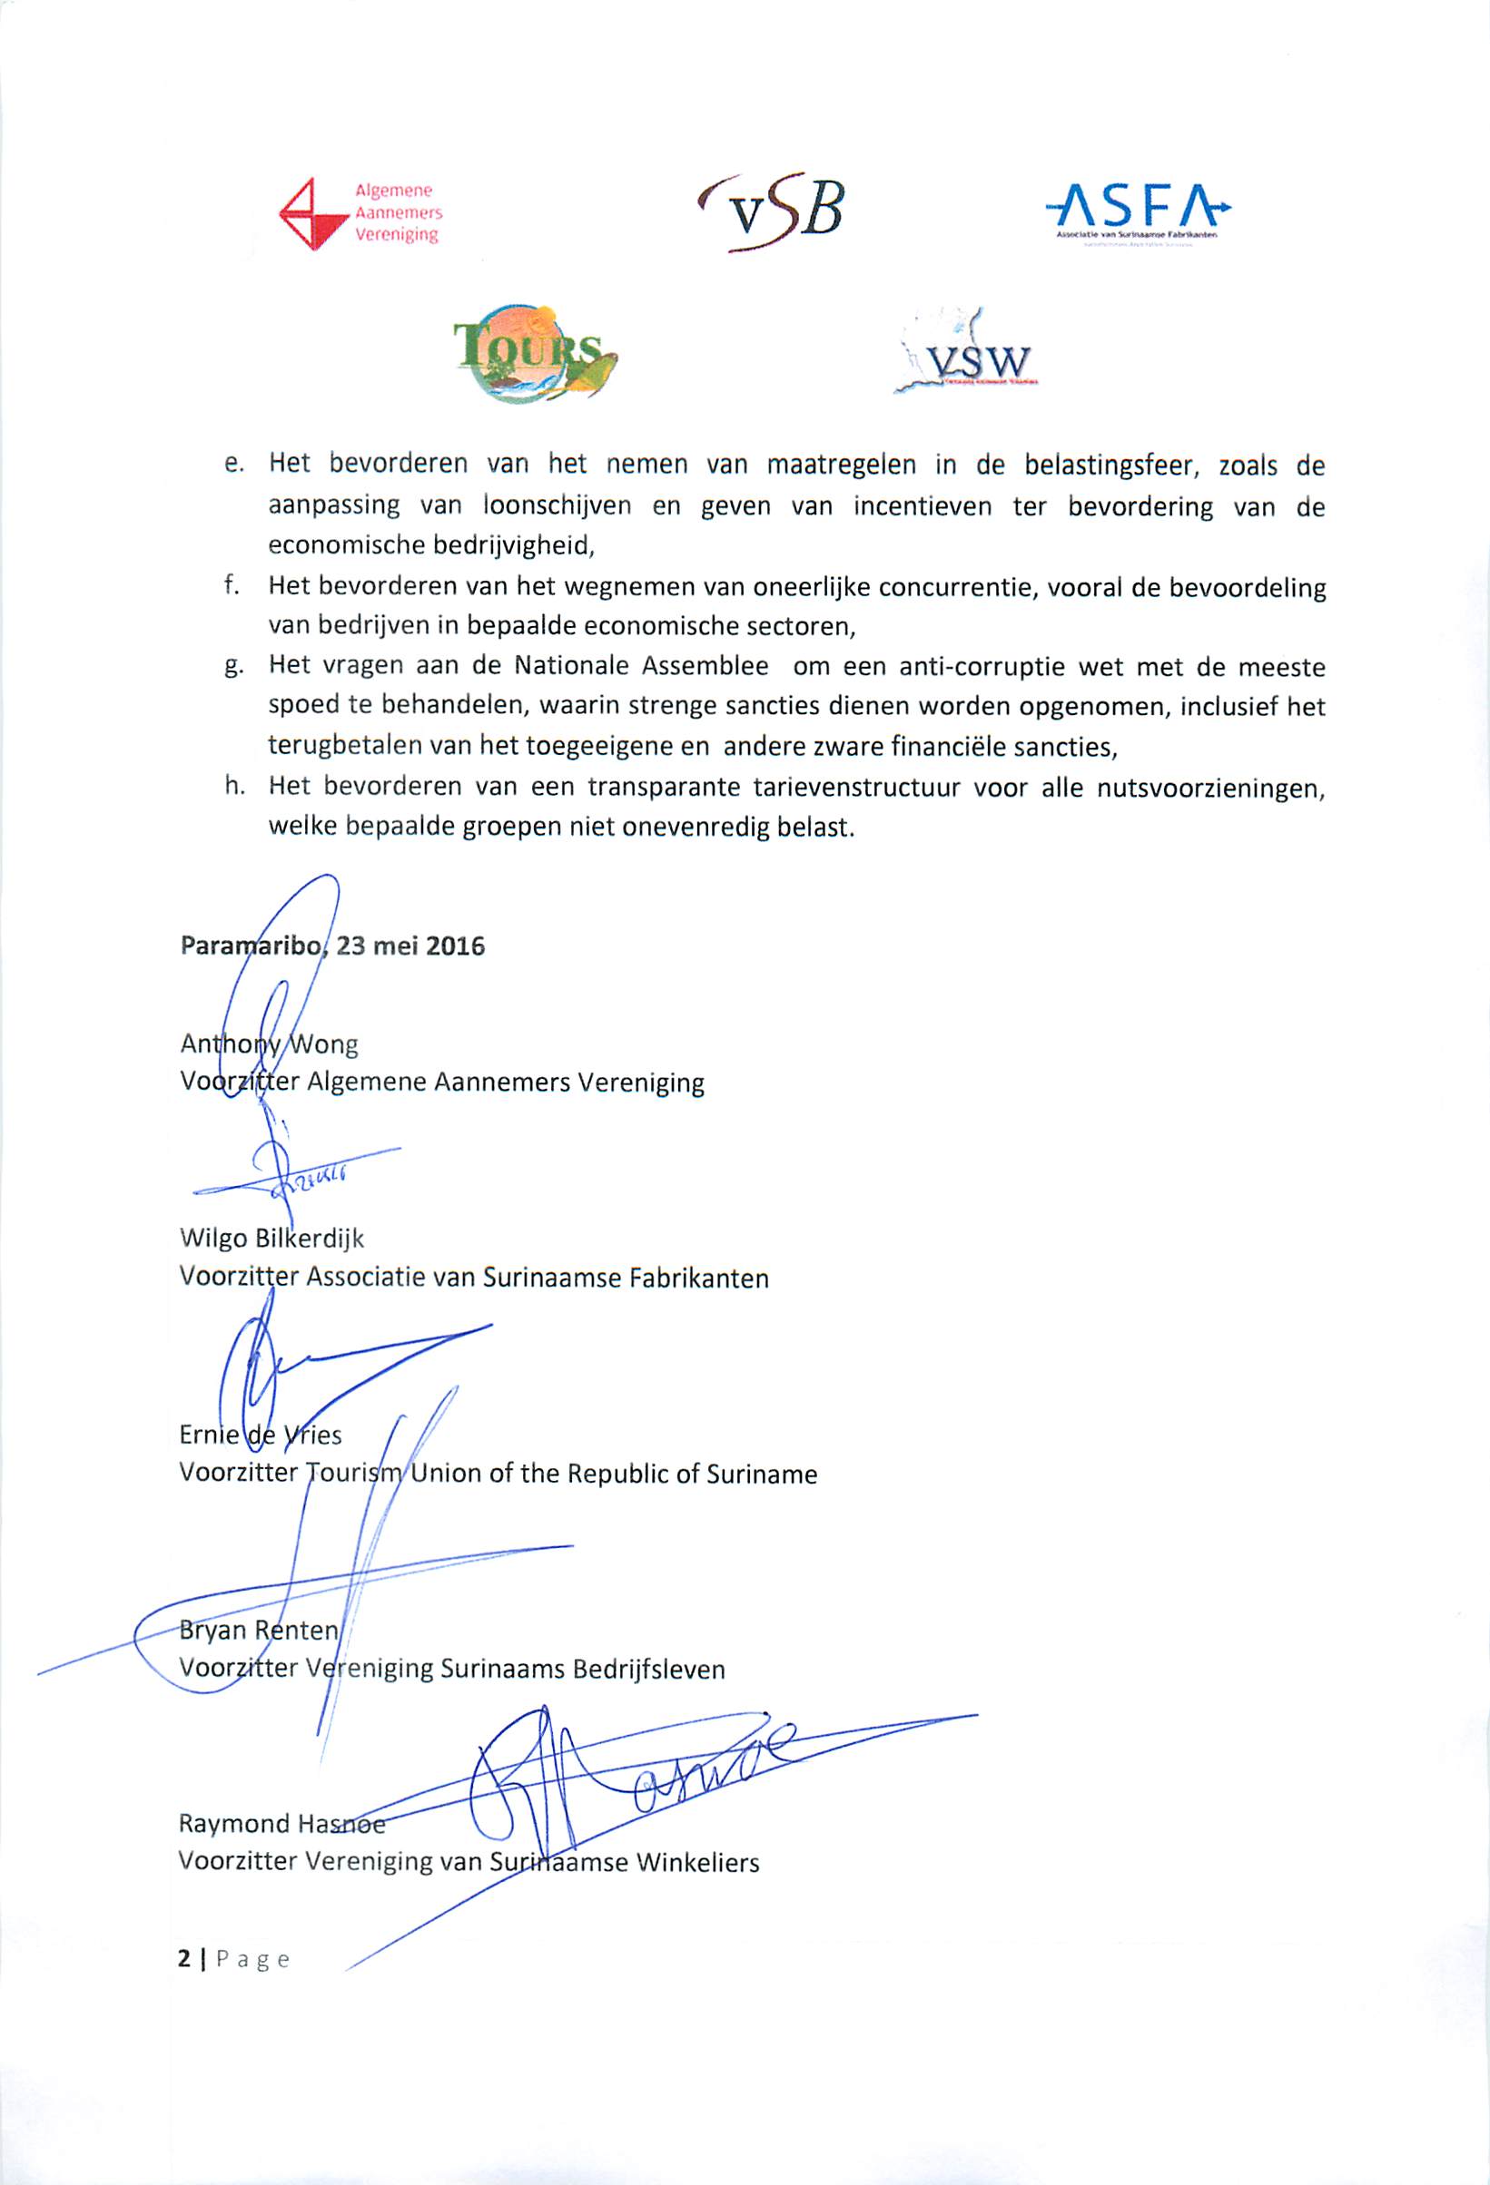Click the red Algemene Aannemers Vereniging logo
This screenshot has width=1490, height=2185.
coord(360,213)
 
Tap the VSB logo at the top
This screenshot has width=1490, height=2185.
coord(772,211)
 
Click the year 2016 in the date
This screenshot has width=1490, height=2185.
coord(455,946)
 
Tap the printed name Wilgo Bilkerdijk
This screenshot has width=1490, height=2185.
coord(271,1239)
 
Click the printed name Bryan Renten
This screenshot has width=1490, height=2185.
coord(259,1630)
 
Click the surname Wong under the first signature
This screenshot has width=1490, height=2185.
coord(322,1044)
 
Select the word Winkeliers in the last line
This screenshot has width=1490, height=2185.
coord(697,1863)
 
